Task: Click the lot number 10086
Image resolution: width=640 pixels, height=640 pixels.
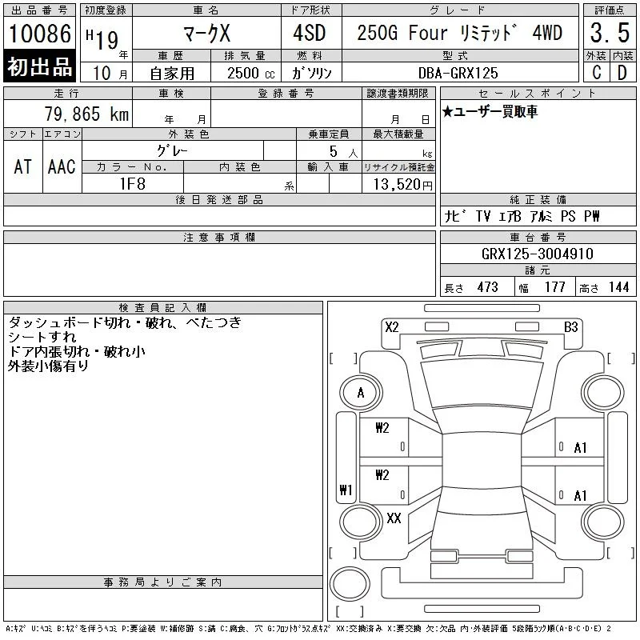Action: coord(39,34)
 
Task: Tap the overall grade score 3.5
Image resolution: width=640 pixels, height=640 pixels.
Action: coord(610,33)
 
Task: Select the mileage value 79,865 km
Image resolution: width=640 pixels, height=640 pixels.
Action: coord(86,114)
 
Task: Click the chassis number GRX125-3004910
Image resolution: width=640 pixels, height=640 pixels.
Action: coord(538,254)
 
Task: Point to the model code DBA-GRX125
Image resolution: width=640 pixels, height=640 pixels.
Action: coord(458,73)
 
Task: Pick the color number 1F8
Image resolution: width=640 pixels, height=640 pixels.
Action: coord(133,184)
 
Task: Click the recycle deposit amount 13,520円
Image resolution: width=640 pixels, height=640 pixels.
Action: coord(403,185)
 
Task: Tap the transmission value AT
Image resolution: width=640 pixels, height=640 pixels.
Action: coord(23,166)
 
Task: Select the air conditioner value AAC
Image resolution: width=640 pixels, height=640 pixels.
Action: coord(62,166)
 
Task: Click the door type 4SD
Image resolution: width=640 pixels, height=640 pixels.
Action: coord(310,33)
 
